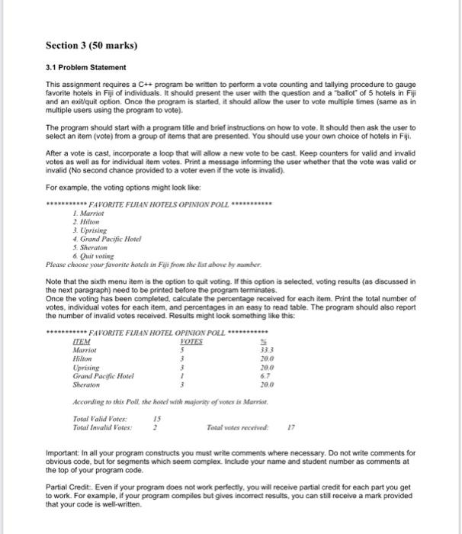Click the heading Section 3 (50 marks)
point(91,45)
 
